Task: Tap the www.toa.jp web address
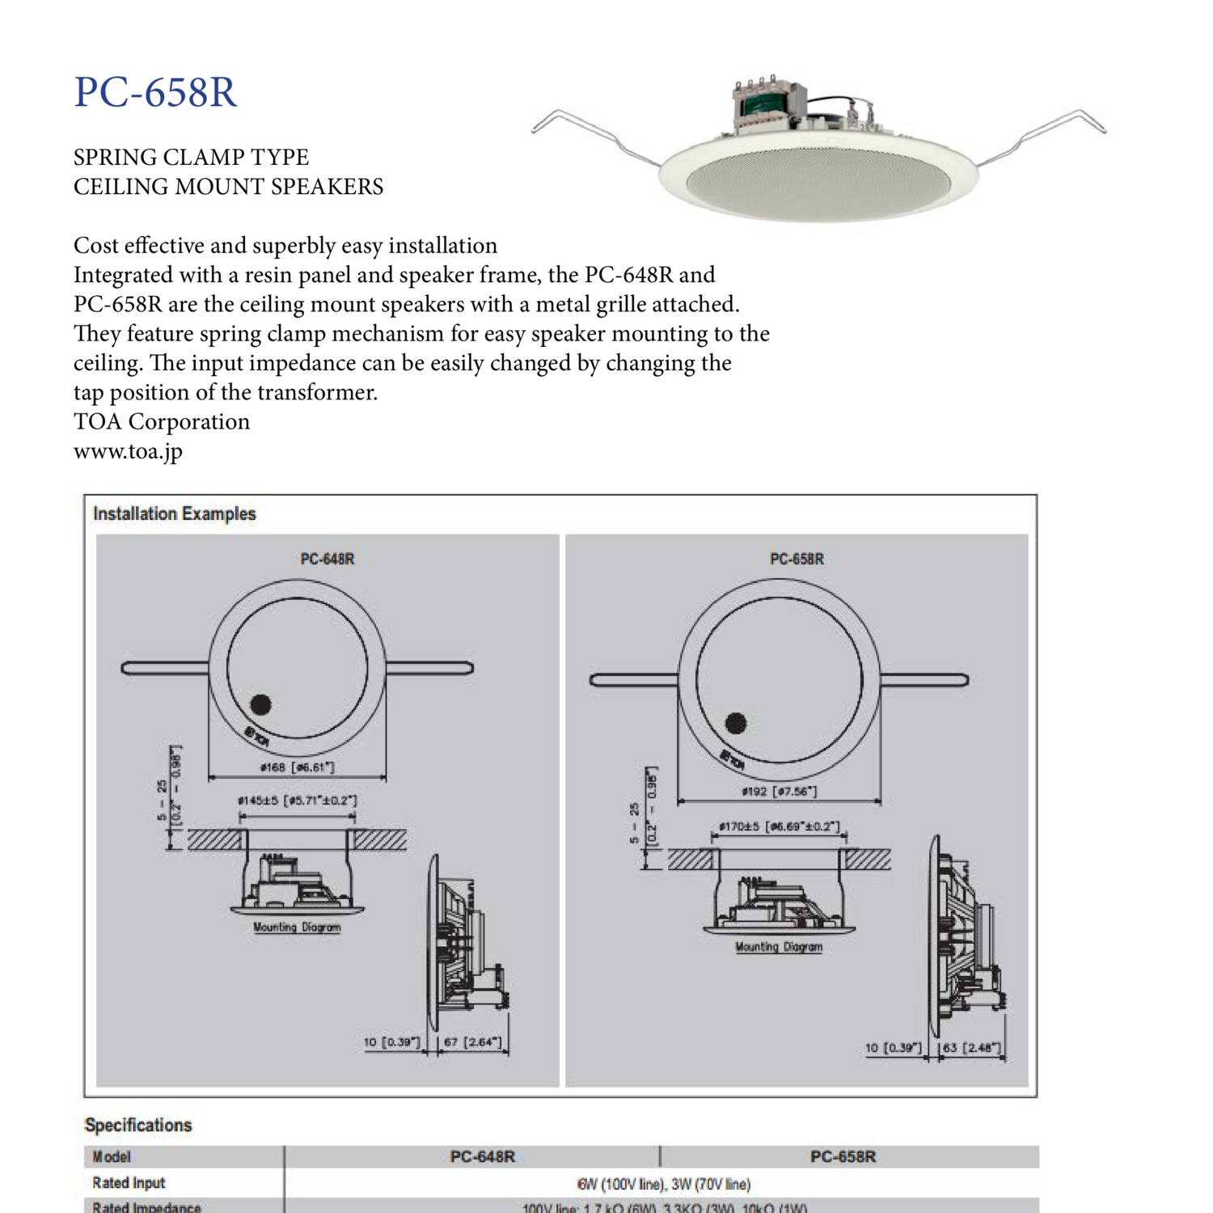tap(128, 451)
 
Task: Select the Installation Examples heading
tap(174, 514)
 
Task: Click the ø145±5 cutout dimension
tap(297, 801)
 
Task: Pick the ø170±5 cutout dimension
tap(779, 826)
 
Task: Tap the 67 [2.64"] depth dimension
tap(472, 1042)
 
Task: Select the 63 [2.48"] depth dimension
tap(971, 1047)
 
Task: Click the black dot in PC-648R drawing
tap(260, 704)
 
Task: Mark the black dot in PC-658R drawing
tap(736, 722)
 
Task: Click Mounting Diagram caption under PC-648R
tap(297, 927)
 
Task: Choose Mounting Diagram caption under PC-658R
tap(778, 946)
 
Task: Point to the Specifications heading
tap(138, 1125)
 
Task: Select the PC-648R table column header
tap(482, 1156)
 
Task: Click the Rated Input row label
tap(129, 1182)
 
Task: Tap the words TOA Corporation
tap(162, 422)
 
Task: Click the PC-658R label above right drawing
tap(797, 559)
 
